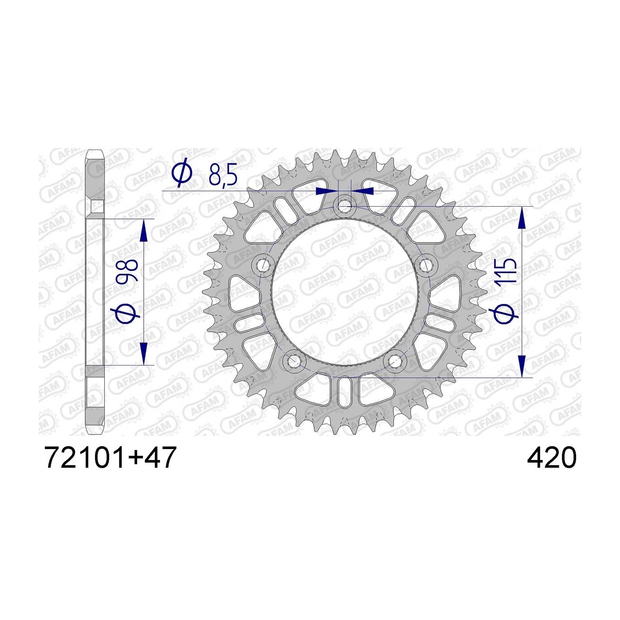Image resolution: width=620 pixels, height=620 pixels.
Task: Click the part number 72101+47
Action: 111,458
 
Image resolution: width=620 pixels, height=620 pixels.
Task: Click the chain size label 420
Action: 551,458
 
